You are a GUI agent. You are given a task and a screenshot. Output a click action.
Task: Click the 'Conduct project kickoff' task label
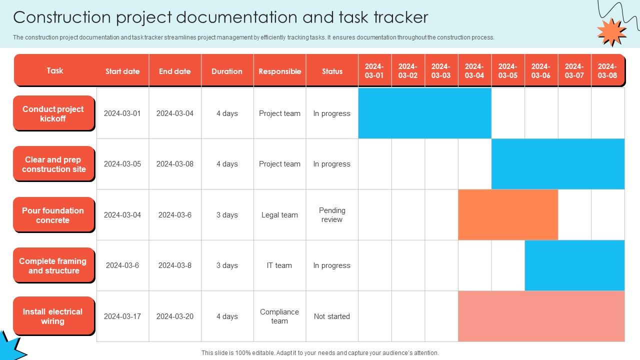point(53,113)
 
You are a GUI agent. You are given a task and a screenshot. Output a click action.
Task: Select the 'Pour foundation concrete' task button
point(53,214)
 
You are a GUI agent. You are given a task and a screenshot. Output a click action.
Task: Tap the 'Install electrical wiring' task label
point(53,315)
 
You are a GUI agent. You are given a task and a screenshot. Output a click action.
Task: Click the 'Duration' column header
point(227,71)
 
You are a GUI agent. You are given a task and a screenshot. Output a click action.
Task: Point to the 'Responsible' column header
point(279,71)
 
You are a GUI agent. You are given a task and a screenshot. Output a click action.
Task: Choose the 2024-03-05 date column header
point(507,71)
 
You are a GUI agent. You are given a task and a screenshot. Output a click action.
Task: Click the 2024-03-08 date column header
point(607,71)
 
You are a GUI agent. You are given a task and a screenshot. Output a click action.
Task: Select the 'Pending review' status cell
point(331,215)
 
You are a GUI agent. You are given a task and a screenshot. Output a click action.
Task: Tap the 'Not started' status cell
point(331,316)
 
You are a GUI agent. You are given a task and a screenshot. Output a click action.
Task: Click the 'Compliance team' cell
point(279,316)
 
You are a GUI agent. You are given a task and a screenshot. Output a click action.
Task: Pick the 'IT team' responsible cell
point(279,265)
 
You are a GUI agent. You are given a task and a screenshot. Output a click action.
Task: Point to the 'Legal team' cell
point(279,215)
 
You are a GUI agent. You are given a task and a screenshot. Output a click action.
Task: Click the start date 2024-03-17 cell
point(122,316)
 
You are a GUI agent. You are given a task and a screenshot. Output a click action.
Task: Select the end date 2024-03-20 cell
point(175,316)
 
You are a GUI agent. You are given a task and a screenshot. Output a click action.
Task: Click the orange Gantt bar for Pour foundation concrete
point(508,215)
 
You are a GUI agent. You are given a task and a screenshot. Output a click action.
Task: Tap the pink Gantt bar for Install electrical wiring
point(541,316)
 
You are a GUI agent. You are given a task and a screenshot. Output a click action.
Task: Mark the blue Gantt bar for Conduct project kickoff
point(425,113)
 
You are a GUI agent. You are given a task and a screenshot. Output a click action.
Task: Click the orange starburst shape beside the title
point(611,32)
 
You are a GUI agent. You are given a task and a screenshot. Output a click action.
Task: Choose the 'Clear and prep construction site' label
point(53,164)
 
